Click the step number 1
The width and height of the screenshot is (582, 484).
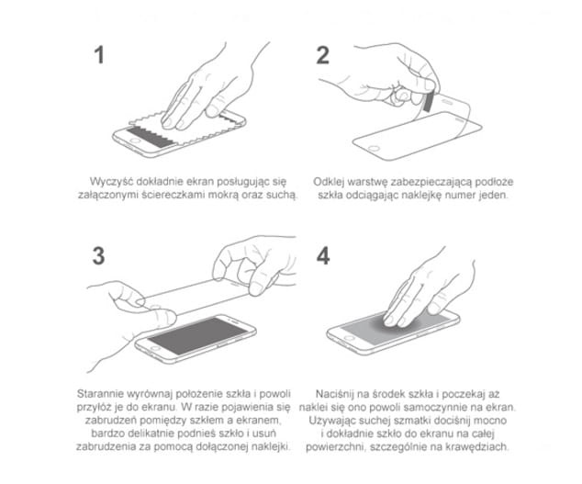coord(100,54)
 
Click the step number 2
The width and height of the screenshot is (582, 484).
coord(322,54)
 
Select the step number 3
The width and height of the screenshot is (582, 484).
coord(100,256)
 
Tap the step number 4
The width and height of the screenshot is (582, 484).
coord(322,256)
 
